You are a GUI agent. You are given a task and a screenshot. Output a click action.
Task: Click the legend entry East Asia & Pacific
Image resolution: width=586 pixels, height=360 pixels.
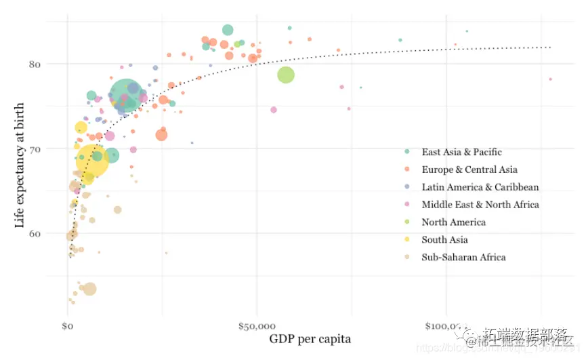(461, 152)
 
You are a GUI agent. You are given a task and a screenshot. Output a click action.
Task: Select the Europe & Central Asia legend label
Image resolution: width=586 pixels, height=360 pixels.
(469, 169)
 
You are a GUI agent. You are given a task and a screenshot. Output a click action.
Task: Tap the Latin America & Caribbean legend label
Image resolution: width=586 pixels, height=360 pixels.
(480, 187)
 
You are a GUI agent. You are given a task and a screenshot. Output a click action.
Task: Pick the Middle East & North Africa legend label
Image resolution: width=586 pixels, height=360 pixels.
(480, 205)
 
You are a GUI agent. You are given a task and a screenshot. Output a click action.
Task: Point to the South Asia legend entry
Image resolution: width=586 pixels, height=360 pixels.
(444, 240)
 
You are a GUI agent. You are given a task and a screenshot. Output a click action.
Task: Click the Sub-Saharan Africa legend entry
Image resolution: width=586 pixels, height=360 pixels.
(463, 258)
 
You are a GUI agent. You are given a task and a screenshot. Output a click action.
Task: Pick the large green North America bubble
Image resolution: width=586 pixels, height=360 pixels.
(286, 75)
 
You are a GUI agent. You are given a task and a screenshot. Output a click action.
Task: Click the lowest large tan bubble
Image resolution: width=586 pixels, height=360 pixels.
(89, 289)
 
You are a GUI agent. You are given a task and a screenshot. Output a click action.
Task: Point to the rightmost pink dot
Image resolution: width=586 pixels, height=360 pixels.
(550, 79)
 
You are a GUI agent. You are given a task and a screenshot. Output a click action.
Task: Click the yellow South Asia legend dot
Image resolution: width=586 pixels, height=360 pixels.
(407, 240)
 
